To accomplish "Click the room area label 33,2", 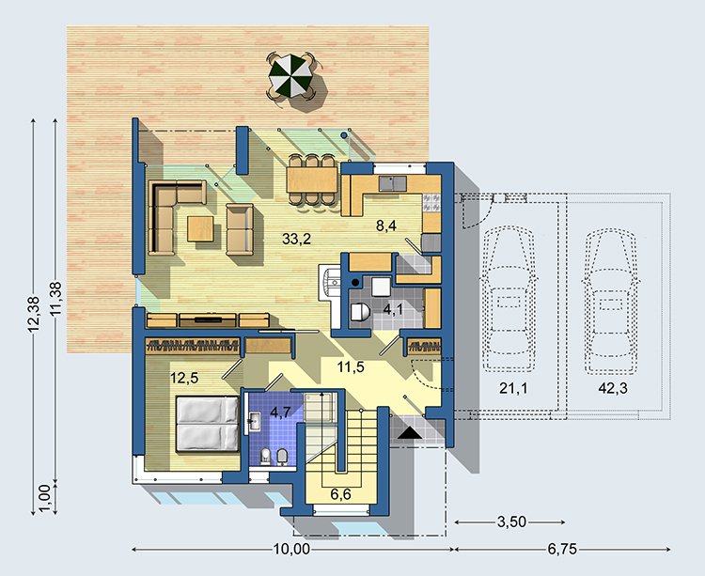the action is pyautogui.click(x=296, y=239).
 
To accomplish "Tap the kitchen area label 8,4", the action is pyautogui.click(x=386, y=226).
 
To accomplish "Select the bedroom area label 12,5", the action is pyautogui.click(x=184, y=379).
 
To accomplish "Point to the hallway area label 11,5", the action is pyautogui.click(x=351, y=367).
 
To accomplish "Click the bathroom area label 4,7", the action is pyautogui.click(x=280, y=412).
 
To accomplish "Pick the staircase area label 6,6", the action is pyautogui.click(x=340, y=494).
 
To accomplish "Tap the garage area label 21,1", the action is pyautogui.click(x=513, y=388).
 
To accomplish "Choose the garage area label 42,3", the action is pyautogui.click(x=613, y=388).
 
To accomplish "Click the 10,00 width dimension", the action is pyautogui.click(x=291, y=549).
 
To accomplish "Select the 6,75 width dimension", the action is pyautogui.click(x=562, y=549).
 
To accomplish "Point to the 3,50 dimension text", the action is pyautogui.click(x=511, y=522).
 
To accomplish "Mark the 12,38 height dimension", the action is pyautogui.click(x=34, y=315).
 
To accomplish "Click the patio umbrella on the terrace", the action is pyautogui.click(x=290, y=75).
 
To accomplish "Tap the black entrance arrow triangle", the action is pyautogui.click(x=409, y=433).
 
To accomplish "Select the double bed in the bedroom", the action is pyautogui.click(x=208, y=423).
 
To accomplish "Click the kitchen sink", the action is pyautogui.click(x=393, y=183).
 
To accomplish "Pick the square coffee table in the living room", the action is pyautogui.click(x=200, y=228).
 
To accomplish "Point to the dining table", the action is pyautogui.click(x=312, y=179).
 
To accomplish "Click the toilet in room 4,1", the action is pyautogui.click(x=359, y=312).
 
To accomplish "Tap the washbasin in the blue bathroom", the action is pyautogui.click(x=252, y=422).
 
